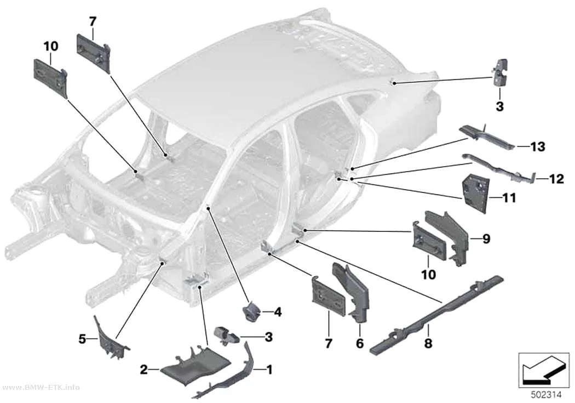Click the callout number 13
pos(538,147)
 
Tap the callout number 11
pos(509,198)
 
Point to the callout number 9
pos(486,239)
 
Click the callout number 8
pos(428,343)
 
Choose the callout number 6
pos(360,343)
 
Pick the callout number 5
pos(82,339)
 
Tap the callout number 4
pos(278,313)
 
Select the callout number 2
pos(143,369)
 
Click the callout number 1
pos(269,370)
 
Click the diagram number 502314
pos(547,395)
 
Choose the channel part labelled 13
pos(487,137)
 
